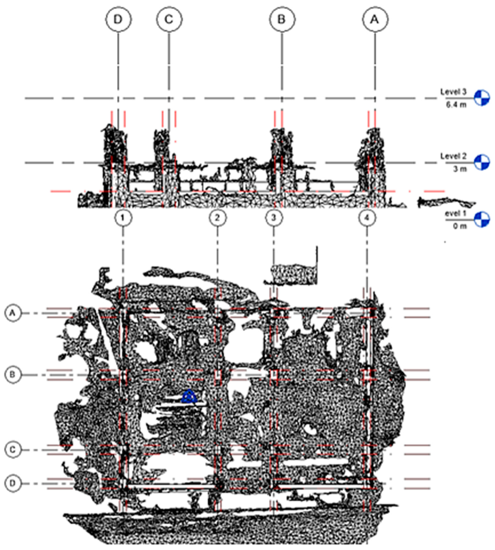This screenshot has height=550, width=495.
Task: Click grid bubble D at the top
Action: tap(118, 20)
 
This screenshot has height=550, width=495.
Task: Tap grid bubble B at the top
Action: tap(282, 20)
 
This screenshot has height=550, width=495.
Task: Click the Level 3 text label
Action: tap(453, 92)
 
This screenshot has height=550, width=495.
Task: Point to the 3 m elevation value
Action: tap(460, 169)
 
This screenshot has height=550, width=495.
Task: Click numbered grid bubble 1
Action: tap(123, 218)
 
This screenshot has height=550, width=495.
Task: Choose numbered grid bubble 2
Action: tap(217, 218)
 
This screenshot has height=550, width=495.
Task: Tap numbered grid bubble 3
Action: tap(274, 218)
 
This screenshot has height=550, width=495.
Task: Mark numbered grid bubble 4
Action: tap(367, 218)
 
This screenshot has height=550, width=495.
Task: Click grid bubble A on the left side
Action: tap(12, 313)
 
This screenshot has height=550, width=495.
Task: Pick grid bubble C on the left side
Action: tap(12, 450)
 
